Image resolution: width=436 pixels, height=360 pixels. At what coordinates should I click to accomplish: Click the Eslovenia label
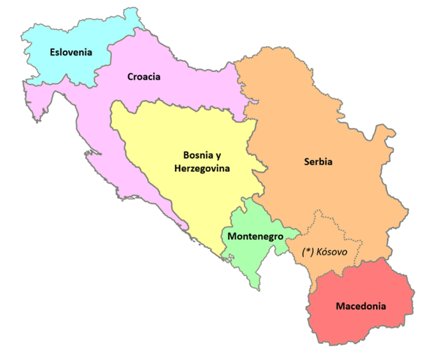pyautogui.click(x=71, y=52)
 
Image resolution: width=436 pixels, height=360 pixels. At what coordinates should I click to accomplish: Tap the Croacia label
pyautogui.click(x=143, y=76)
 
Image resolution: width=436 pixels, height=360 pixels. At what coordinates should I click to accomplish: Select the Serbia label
pyautogui.click(x=318, y=161)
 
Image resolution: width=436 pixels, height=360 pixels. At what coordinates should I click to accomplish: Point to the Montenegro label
pyautogui.click(x=254, y=236)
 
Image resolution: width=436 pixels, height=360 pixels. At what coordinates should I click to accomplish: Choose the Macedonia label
pyautogui.click(x=361, y=306)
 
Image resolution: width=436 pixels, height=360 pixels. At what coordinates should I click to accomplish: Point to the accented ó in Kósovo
pyautogui.click(x=325, y=251)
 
